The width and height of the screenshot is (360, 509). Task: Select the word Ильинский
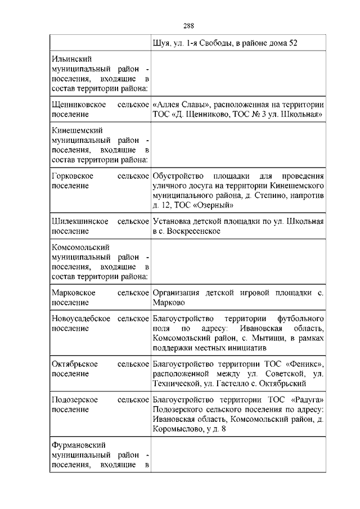(71, 58)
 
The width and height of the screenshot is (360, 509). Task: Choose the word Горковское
(72, 177)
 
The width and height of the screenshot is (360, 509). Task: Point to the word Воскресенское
(193, 231)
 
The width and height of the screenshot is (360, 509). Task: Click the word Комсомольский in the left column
(80, 247)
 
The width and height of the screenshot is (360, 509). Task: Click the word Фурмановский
(78, 445)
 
